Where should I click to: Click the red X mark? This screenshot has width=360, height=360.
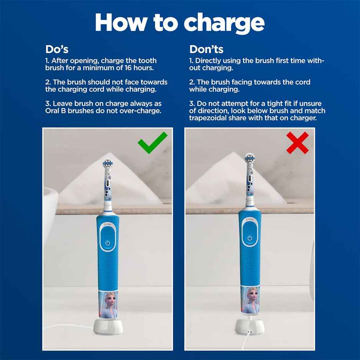[298, 143]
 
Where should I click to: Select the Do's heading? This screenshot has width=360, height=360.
[57, 49]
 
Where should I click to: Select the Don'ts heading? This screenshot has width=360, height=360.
[206, 49]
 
